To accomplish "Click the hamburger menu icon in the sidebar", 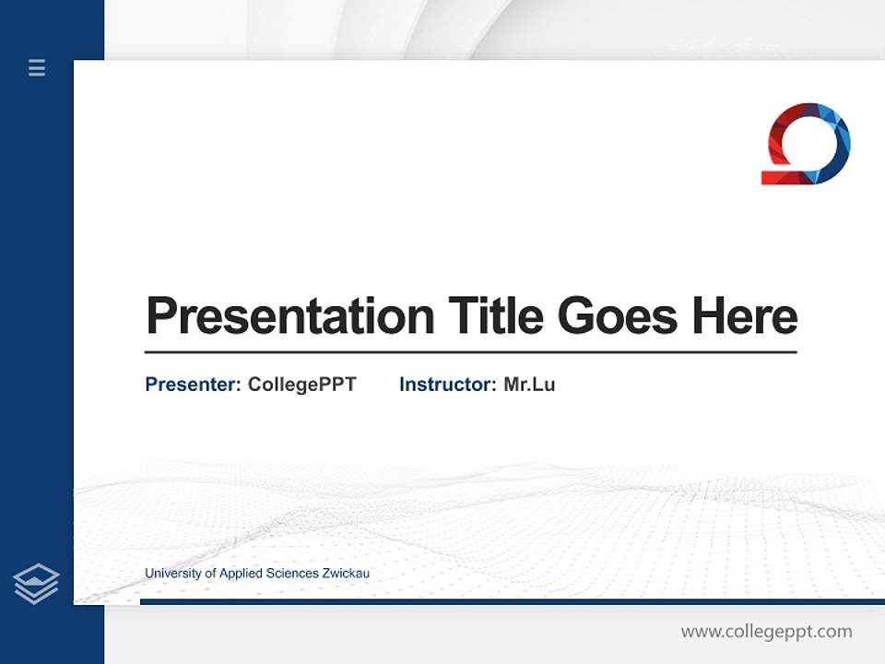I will (37, 67).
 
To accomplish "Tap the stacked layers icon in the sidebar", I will (36, 584).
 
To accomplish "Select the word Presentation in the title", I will (289, 316).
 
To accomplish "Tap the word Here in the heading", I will (744, 315).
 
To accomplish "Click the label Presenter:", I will (193, 385).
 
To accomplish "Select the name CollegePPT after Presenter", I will (301, 385).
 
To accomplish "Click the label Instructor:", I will (447, 385).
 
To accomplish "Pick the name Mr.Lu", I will (529, 385).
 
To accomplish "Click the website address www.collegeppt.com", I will (766, 632).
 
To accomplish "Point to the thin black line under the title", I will (470, 352).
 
